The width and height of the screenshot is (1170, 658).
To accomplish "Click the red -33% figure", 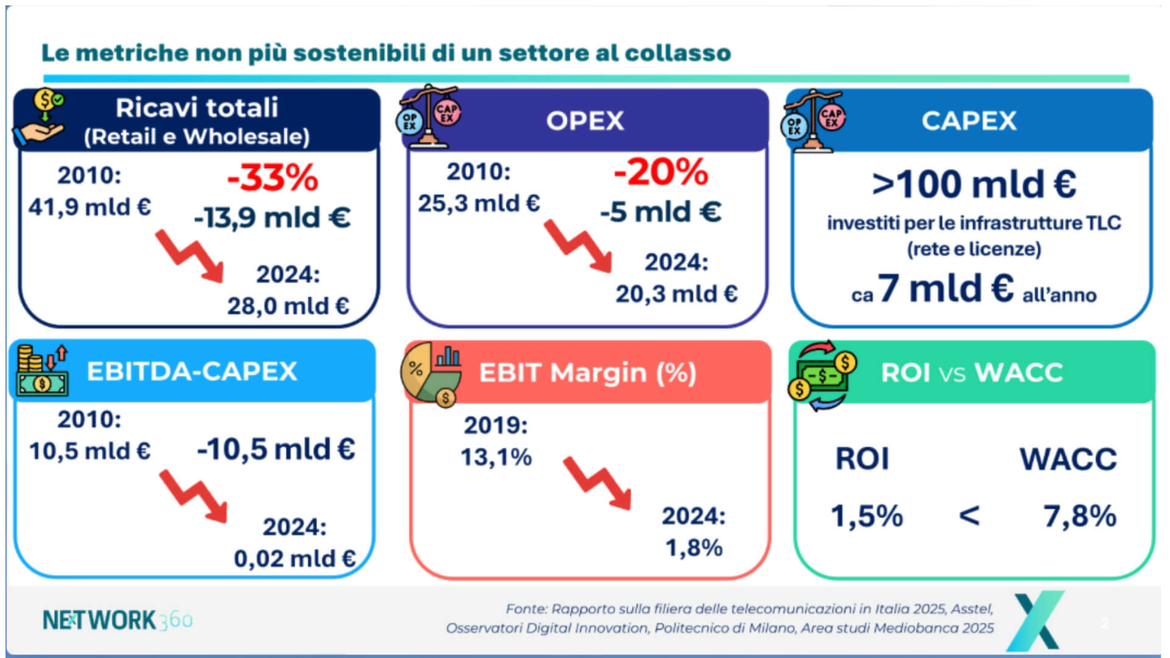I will pos(272,178).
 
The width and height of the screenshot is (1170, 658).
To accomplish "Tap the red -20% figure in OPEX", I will pos(661,172).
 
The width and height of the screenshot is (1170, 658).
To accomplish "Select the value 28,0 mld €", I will pos(288,306).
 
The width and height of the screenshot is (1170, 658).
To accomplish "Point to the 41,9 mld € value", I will pos(90,207).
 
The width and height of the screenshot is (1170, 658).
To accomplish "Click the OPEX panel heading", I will pos(585,121).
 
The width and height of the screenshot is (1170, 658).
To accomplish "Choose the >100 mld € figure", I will pos(973,184).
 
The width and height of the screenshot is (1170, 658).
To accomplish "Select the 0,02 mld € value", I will pos(294,558).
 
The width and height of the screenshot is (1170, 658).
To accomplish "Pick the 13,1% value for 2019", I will pos(496,457).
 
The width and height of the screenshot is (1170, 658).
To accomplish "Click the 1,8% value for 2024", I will pos(693,547).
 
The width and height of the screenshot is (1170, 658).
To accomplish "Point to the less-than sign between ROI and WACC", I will pos(970,515).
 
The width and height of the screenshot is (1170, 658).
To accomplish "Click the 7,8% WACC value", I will pos(1080,515).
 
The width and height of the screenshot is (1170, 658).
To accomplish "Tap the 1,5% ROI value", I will pos(867,515).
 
